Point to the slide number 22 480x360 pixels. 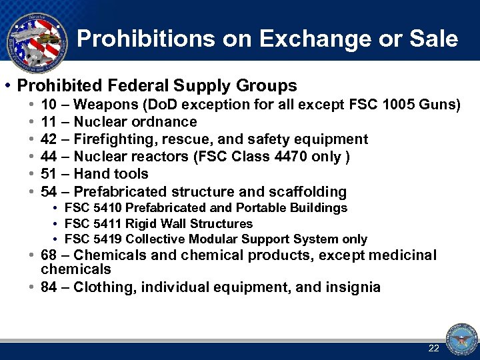[434, 348]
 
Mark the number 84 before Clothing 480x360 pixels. [49, 287]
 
